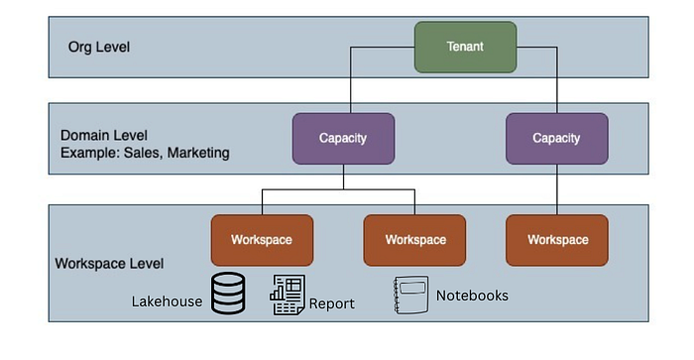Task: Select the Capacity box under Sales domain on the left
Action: [343, 138]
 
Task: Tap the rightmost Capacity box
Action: [556, 138]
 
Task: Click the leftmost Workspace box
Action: [262, 240]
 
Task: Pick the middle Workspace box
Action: [414, 240]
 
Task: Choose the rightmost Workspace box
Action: [556, 240]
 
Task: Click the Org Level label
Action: [98, 47]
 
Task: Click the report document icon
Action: [287, 297]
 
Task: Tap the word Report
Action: [331, 303]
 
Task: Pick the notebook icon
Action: [410, 296]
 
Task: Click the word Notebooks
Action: [472, 296]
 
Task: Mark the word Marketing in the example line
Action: [197, 153]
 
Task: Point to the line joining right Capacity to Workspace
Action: [556, 189]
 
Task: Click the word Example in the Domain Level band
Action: [90, 153]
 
